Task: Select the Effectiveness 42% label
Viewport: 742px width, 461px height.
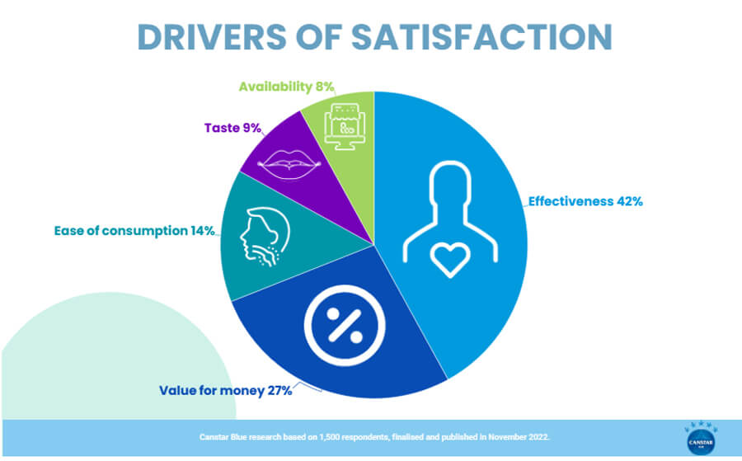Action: [585, 200]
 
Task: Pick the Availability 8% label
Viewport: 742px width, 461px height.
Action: [287, 85]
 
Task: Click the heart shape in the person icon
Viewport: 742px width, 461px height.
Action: [448, 261]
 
